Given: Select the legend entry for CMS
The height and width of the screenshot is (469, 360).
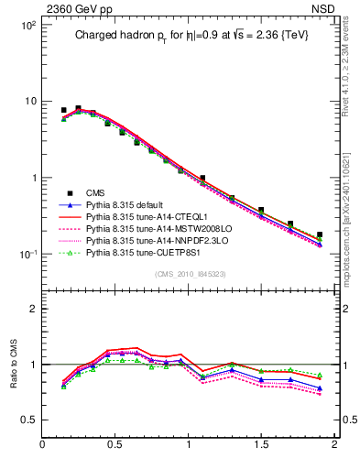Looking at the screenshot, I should click(x=96, y=192).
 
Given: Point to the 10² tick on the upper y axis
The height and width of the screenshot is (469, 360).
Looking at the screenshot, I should click(x=29, y=26).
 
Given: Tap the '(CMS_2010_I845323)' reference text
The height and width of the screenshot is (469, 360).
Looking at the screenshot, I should click(x=188, y=274).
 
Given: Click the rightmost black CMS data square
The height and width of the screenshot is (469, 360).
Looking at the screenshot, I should click(x=320, y=235).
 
